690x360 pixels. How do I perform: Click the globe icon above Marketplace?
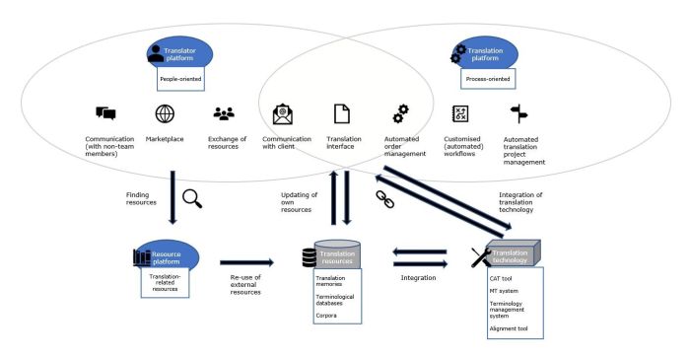click(x=165, y=113)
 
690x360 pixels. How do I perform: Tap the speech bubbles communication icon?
click(x=106, y=113)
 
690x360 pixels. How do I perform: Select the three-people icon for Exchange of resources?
click(x=224, y=113)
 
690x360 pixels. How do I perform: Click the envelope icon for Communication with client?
click(x=284, y=113)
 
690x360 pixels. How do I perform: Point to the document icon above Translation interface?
click(x=342, y=113)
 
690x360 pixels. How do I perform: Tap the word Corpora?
click(x=314, y=316)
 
